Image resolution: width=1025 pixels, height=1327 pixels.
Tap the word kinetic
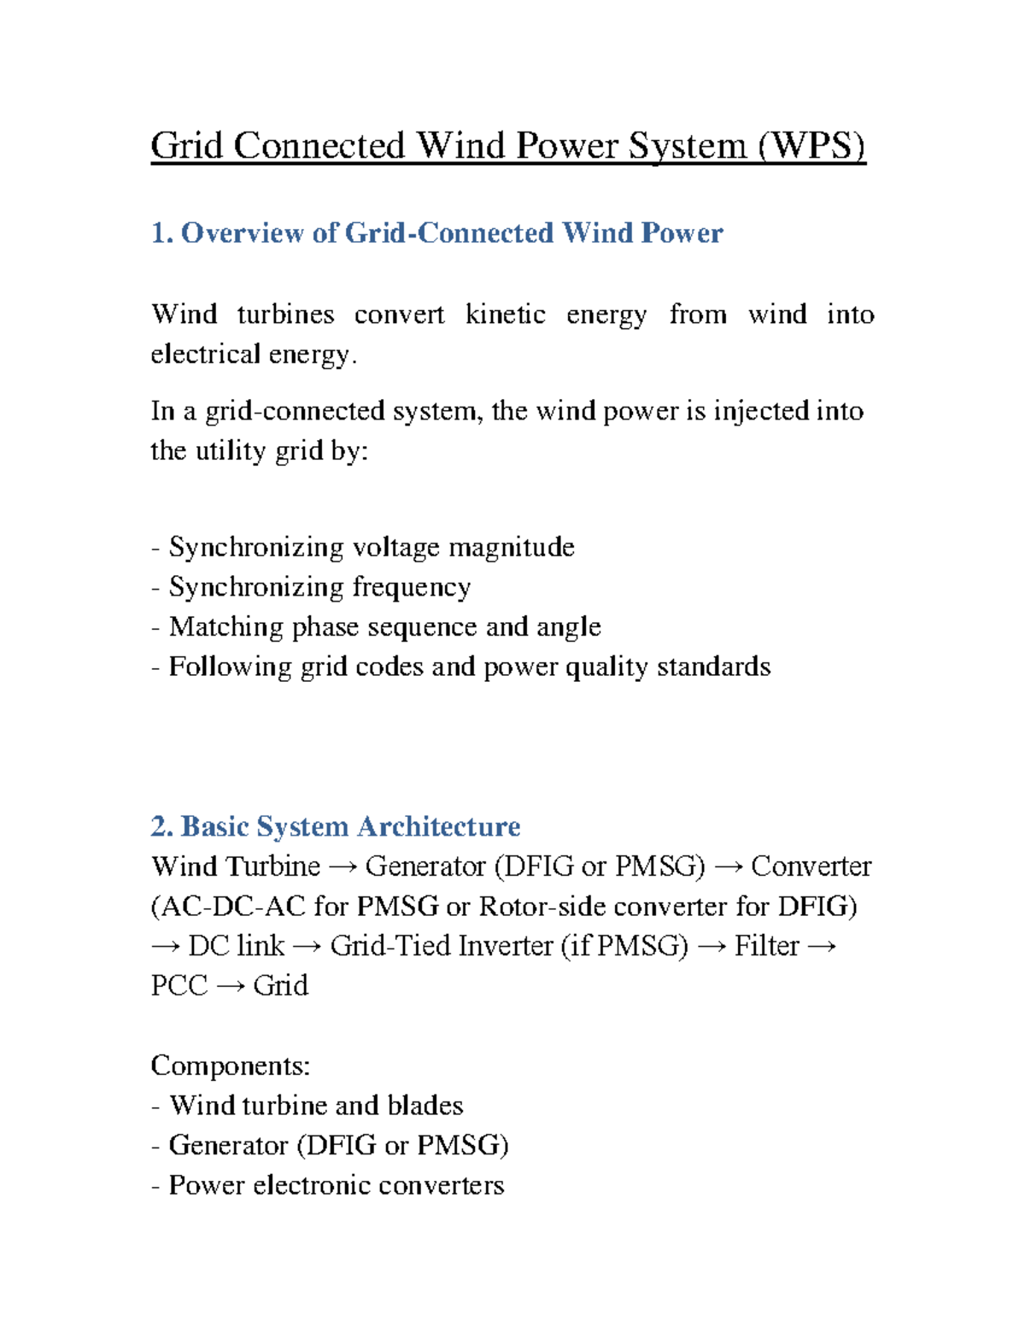[x=505, y=314]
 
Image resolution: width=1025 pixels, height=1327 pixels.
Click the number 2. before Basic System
[x=162, y=826]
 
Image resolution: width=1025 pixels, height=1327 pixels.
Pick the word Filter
[x=766, y=946]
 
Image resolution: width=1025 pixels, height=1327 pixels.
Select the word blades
[x=425, y=1106]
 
